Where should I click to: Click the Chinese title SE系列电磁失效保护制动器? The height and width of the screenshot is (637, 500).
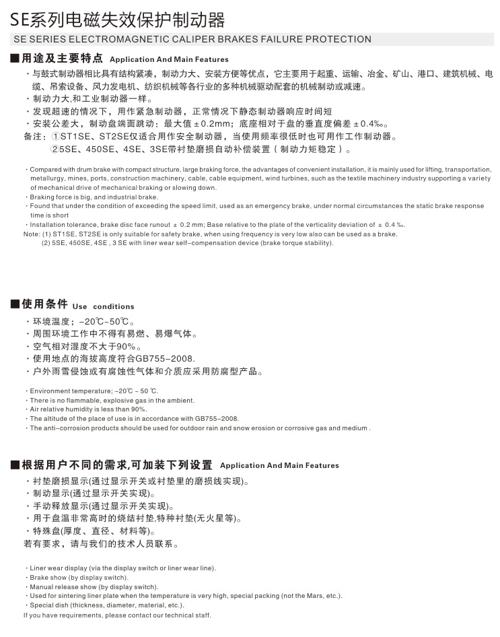tap(118, 19)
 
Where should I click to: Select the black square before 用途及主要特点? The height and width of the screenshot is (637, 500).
tap(15, 59)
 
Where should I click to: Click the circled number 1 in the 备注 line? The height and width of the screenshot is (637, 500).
tap(57, 136)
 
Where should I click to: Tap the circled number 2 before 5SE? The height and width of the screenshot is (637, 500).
tap(57, 149)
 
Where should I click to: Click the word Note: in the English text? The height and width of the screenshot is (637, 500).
tap(32, 234)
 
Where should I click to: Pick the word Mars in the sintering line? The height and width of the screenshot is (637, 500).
tap(306, 595)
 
